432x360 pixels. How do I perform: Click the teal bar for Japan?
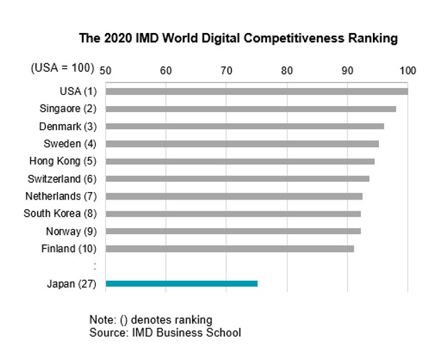point(182,284)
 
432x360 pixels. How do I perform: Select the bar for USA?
point(257,91)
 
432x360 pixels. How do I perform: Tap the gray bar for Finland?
point(230,248)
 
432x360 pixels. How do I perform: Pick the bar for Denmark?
point(245,126)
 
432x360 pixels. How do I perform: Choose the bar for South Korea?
point(233,213)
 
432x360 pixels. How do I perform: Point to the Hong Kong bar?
point(240,161)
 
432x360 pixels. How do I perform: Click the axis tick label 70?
point(226,70)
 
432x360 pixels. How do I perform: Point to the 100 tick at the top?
point(408,70)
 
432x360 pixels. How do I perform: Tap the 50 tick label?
point(106,70)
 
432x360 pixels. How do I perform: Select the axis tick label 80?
point(287,70)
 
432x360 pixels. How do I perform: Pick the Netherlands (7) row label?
point(63,196)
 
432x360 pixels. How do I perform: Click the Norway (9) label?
point(73,231)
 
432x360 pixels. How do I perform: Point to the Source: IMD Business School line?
point(165,333)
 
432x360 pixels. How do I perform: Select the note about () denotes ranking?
point(151,320)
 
